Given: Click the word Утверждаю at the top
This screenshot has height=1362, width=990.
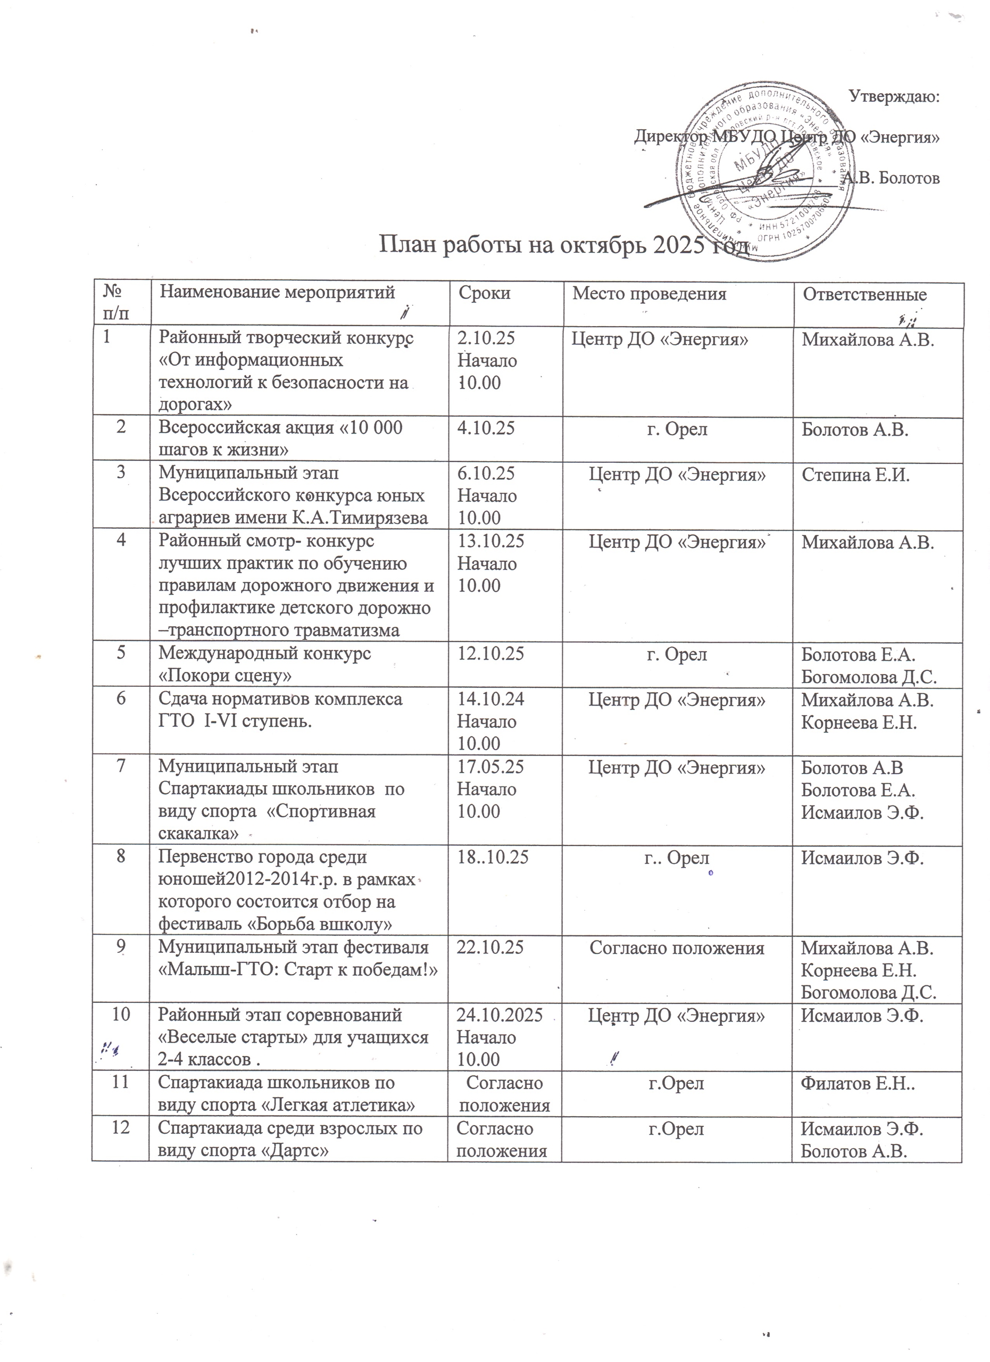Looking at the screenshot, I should (895, 96).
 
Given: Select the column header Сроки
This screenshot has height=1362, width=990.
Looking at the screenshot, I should (484, 293).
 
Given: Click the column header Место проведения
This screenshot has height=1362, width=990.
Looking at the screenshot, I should (649, 294).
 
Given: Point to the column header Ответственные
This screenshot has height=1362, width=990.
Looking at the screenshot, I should (865, 294).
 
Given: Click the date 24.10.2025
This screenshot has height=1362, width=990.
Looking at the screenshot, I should (500, 1016).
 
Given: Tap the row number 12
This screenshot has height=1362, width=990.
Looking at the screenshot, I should (121, 1128).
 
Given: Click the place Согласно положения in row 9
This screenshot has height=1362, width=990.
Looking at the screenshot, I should (677, 948).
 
